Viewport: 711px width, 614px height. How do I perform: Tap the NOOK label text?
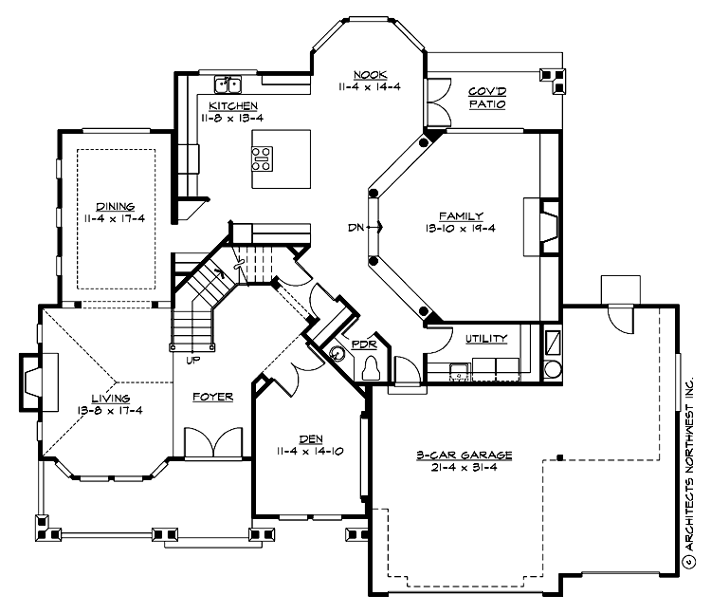pyautogui.click(x=369, y=73)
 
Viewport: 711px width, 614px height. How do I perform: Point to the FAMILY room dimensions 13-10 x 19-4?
pyautogui.click(x=462, y=228)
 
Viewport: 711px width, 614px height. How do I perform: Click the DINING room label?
pyautogui.click(x=114, y=206)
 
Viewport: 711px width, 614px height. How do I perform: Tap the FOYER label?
pyautogui.click(x=213, y=397)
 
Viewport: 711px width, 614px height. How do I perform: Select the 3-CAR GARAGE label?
pyautogui.click(x=465, y=456)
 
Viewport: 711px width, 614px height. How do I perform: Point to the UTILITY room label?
pyautogui.click(x=485, y=339)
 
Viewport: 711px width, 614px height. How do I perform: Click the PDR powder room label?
pyautogui.click(x=364, y=344)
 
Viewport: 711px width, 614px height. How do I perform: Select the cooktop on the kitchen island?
pyautogui.click(x=263, y=158)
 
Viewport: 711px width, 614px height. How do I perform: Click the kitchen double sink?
pyautogui.click(x=227, y=84)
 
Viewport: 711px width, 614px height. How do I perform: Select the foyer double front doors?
pyautogui.click(x=212, y=443)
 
